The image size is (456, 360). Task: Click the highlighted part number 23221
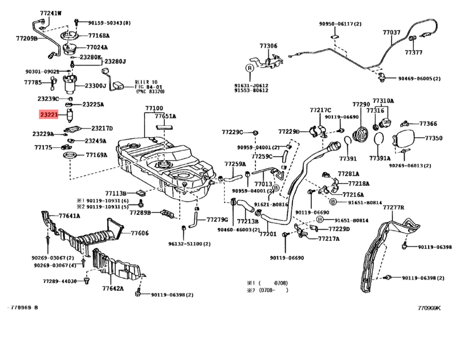coord(48,114)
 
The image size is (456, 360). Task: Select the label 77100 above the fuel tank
coord(154,108)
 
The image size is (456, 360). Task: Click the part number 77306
coord(268,46)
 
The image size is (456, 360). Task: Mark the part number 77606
coord(140,232)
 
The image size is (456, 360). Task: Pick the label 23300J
coord(96,86)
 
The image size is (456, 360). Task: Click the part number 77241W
coord(52,13)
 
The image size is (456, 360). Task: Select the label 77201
coord(267,234)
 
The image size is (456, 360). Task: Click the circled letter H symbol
coord(320,219)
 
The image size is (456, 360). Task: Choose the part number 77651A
coord(165,116)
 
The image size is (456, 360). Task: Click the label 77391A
coord(380,158)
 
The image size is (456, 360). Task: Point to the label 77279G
coord(217,219)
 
